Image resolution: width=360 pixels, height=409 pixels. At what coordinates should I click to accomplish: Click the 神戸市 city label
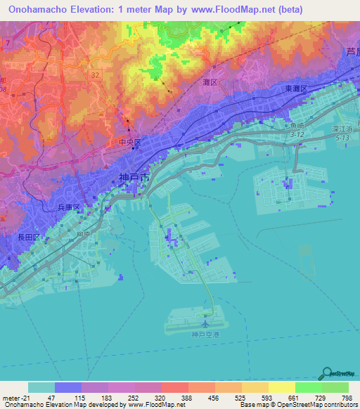[x=134, y=178]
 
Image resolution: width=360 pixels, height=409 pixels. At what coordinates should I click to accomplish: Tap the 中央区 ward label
[x=129, y=142]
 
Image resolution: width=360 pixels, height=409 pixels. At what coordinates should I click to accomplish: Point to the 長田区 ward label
[x=27, y=238]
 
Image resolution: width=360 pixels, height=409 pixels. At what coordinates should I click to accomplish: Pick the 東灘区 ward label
[x=295, y=89]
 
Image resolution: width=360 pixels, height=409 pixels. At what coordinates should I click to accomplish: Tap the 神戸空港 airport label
[x=206, y=335]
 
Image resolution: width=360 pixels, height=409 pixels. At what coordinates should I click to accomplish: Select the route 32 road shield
[x=94, y=72]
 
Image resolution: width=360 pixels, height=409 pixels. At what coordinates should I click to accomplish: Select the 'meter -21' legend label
[x=13, y=398]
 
